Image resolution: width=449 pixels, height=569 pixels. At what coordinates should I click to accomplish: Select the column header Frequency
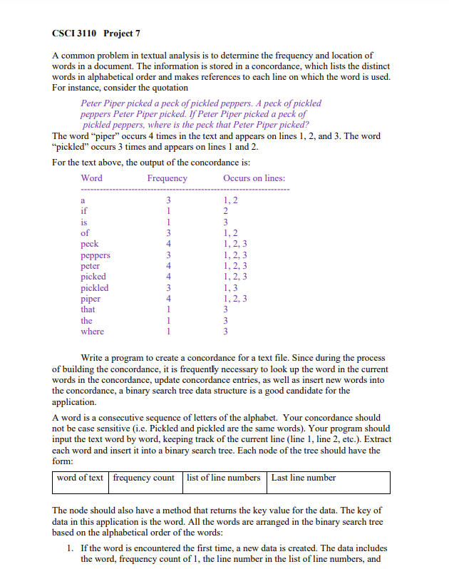click(x=167, y=178)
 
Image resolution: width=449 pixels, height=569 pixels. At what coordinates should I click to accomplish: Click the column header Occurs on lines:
click(x=254, y=178)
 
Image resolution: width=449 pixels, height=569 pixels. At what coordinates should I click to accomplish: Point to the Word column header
click(x=91, y=178)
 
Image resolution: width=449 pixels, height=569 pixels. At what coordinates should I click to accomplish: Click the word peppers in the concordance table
click(x=96, y=255)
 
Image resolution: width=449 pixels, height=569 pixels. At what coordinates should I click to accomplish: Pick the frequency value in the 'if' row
click(x=169, y=211)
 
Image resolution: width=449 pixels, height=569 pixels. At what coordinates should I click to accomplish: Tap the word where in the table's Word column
click(x=92, y=332)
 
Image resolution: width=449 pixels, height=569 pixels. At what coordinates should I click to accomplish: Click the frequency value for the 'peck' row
click(x=169, y=244)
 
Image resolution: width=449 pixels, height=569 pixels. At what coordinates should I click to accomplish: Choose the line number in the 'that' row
click(x=225, y=309)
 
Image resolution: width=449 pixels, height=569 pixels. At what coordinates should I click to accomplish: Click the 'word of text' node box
click(x=80, y=478)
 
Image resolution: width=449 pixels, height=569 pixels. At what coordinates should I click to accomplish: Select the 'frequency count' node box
click(x=144, y=478)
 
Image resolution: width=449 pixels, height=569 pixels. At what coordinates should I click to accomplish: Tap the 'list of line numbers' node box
click(x=224, y=478)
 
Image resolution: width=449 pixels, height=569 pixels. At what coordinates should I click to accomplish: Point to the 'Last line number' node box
click(x=304, y=478)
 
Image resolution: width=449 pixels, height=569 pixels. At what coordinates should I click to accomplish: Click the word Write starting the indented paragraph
click(x=94, y=358)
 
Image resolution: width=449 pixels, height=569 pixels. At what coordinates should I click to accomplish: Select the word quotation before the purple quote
click(x=168, y=88)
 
